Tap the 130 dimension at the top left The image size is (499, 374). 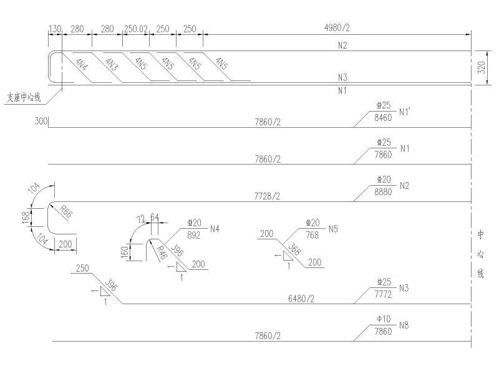click(55, 29)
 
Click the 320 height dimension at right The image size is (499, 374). click(481, 68)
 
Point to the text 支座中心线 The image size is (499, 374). click(24, 97)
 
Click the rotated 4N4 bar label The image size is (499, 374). click(82, 64)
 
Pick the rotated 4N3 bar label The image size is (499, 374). click(111, 64)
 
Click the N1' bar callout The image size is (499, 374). click(406, 112)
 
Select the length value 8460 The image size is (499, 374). click(383, 117)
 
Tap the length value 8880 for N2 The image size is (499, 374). click(383, 191)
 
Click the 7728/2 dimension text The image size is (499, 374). click(267, 196)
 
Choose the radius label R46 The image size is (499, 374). click(162, 252)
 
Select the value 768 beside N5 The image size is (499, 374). click(312, 234)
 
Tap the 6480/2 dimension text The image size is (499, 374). click(301, 299)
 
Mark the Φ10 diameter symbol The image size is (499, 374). click(382, 319)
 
